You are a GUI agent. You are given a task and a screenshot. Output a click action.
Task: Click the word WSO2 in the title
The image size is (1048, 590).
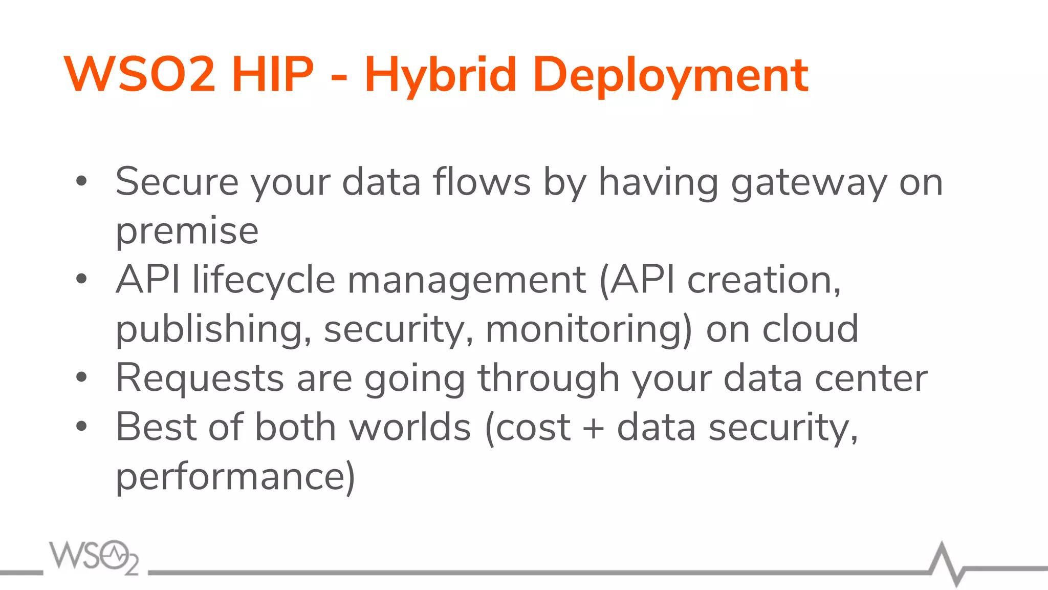(x=139, y=75)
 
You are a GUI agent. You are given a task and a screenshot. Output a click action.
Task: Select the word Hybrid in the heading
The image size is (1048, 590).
(x=440, y=76)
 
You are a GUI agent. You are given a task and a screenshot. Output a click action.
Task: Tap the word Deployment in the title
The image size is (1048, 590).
(x=670, y=76)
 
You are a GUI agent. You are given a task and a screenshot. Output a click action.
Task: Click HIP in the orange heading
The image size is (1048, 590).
(x=272, y=75)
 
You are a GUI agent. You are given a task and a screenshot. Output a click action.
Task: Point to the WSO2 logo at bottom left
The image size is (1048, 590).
(x=94, y=557)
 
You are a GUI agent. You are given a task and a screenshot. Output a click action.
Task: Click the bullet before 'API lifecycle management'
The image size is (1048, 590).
(x=81, y=279)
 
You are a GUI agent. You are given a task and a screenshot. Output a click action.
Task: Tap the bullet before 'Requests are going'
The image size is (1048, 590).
(x=81, y=377)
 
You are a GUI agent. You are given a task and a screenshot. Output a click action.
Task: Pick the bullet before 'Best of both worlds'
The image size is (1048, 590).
(x=81, y=426)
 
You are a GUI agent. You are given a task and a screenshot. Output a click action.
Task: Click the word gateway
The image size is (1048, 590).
(x=809, y=183)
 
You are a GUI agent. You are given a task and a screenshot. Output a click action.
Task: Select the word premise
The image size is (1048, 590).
(x=187, y=232)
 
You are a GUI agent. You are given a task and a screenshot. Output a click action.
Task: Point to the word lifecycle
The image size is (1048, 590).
(x=264, y=281)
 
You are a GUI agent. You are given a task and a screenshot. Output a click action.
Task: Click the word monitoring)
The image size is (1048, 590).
(x=589, y=330)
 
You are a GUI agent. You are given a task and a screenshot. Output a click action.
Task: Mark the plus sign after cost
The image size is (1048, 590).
(x=594, y=428)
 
